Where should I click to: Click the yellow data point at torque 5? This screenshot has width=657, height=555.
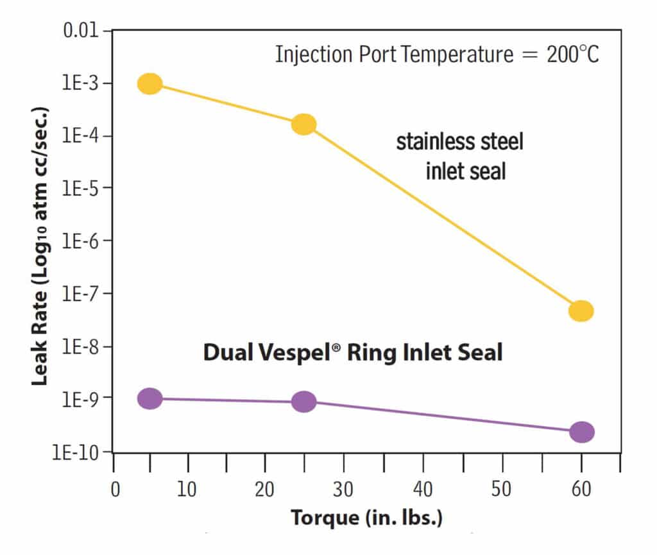click(149, 83)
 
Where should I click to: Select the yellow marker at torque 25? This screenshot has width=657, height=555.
click(303, 124)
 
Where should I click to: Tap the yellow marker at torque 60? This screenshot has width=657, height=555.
click(581, 311)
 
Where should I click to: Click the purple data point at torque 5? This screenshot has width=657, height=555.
click(149, 398)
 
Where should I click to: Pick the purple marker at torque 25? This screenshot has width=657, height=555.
click(303, 402)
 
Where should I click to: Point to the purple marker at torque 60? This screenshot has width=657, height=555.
click(581, 432)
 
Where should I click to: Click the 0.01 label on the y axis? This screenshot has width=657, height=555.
click(81, 31)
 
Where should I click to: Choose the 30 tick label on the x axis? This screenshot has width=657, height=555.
click(344, 490)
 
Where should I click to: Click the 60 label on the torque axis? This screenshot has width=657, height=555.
click(581, 490)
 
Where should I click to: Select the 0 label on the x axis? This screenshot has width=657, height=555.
click(115, 490)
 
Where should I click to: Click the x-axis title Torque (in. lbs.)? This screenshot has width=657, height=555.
click(366, 518)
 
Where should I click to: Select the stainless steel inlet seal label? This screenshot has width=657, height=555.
click(459, 156)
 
